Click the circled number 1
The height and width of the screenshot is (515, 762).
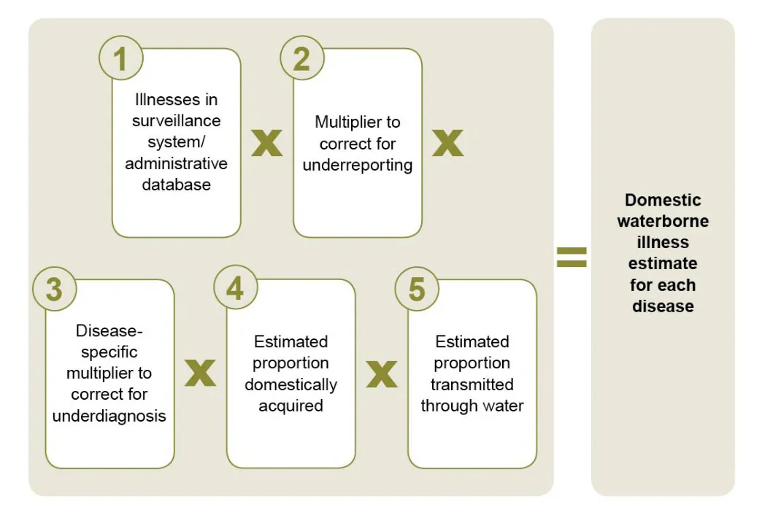(121, 59)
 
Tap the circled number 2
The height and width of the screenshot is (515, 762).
(301, 59)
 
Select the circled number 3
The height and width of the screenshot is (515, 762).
(54, 290)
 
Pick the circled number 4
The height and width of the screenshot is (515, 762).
(235, 290)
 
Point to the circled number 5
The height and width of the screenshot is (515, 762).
(416, 290)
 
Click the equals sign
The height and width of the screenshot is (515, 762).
(571, 257)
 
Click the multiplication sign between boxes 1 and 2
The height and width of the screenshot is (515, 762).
(267, 144)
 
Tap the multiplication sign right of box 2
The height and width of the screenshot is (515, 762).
(447, 144)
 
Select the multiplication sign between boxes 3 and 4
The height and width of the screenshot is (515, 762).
(200, 373)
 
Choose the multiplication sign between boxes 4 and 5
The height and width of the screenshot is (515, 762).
(381, 373)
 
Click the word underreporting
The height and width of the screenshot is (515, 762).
(358, 165)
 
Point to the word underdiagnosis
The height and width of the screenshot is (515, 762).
(110, 416)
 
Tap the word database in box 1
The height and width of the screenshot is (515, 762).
(176, 185)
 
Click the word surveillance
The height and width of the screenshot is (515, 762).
(176, 120)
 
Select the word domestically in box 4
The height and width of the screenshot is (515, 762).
(290, 384)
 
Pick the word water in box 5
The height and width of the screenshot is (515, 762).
(505, 406)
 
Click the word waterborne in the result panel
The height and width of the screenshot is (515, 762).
(663, 221)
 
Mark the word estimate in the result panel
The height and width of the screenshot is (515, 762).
(663, 263)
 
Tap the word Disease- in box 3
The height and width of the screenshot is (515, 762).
(109, 331)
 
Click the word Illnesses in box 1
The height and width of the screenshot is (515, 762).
(176, 99)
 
